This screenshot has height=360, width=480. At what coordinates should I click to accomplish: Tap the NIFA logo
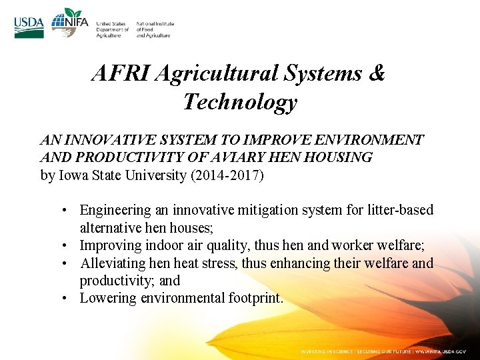point(69,24)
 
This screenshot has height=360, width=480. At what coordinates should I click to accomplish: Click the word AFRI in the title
point(121,73)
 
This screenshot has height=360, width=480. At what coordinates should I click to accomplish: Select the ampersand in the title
point(377,73)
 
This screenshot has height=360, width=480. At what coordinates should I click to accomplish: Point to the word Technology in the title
point(240,102)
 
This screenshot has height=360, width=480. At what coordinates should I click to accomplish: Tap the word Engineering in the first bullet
point(115,211)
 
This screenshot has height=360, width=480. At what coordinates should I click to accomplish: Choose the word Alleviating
point(112,263)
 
